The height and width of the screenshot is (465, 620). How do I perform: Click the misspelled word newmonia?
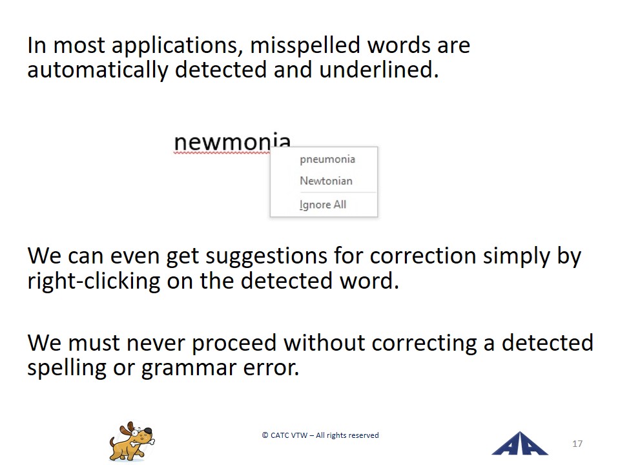232,142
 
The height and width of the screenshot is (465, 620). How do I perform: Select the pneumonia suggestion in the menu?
327,160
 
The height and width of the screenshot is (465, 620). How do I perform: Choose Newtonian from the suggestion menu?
325,181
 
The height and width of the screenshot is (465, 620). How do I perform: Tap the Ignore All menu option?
323,205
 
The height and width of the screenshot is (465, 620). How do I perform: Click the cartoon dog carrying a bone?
132,441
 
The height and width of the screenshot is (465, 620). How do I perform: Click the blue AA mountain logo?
519,444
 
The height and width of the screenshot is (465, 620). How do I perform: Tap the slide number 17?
577,444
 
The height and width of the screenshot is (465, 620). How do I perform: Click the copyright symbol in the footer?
265,435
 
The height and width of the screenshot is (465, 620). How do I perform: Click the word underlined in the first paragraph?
379,70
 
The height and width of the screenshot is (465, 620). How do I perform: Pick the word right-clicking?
94,282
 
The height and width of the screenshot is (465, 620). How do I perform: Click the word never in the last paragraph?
156,343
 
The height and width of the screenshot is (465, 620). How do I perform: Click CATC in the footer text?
279,435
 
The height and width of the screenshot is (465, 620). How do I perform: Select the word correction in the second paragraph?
422,256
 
